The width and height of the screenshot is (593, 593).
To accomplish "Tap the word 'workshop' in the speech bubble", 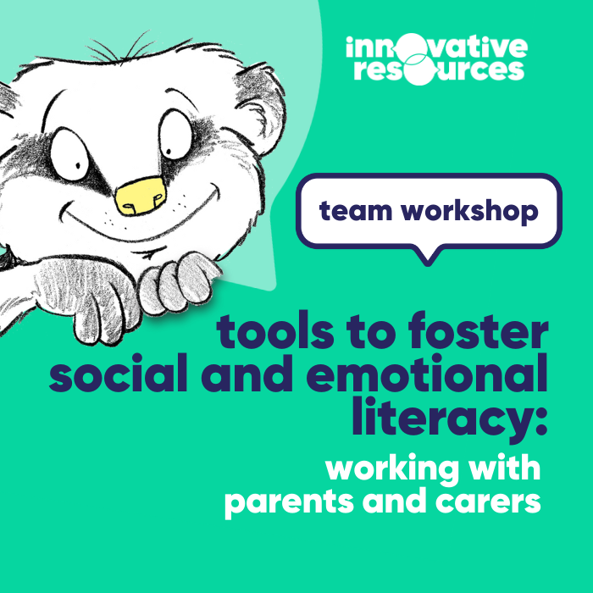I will coord(469,211).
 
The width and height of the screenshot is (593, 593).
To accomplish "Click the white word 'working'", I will coord(391,468).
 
